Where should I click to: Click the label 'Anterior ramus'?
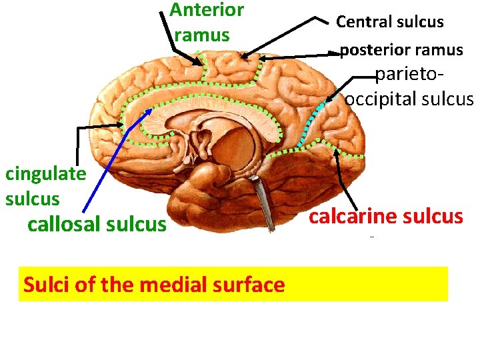tap(207, 22)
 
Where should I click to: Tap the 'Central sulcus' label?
tap(389, 22)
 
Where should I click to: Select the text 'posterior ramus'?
tap(401, 50)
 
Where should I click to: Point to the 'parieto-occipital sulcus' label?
tap(408, 87)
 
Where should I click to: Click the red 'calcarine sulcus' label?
tap(386, 216)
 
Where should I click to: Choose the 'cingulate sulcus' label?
tap(45, 186)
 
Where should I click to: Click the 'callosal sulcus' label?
tap(97, 224)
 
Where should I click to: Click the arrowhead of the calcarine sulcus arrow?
tap(337, 153)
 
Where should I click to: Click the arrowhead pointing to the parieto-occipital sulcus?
tap(328, 101)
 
